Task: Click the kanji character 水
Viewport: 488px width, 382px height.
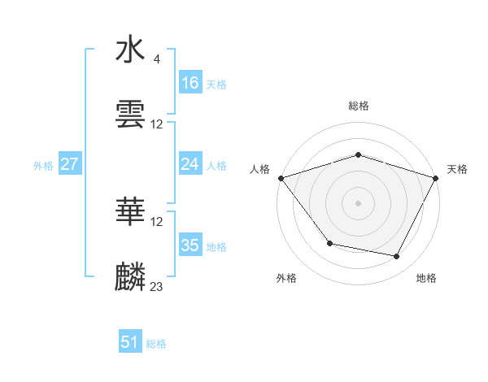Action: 131,50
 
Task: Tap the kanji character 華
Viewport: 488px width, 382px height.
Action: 131,213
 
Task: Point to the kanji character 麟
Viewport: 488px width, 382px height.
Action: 131,277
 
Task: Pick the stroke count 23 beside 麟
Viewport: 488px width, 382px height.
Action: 157,286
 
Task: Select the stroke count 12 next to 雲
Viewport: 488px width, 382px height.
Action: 157,124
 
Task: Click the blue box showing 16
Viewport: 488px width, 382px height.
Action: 190,83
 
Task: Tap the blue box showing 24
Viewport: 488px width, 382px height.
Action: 190,164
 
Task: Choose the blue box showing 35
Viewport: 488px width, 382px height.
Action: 190,245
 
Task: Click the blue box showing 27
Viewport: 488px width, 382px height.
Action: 70,164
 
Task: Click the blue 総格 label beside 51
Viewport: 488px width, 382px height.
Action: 156,344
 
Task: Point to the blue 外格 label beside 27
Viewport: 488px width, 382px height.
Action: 43,165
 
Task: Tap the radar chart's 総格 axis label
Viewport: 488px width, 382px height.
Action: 359,106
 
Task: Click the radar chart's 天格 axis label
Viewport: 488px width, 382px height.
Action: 457,169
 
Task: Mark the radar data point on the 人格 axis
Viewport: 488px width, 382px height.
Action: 281,178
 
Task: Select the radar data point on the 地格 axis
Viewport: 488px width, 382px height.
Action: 397,257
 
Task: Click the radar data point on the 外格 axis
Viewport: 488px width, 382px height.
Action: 329,243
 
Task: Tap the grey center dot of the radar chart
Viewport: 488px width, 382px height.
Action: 359,202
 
